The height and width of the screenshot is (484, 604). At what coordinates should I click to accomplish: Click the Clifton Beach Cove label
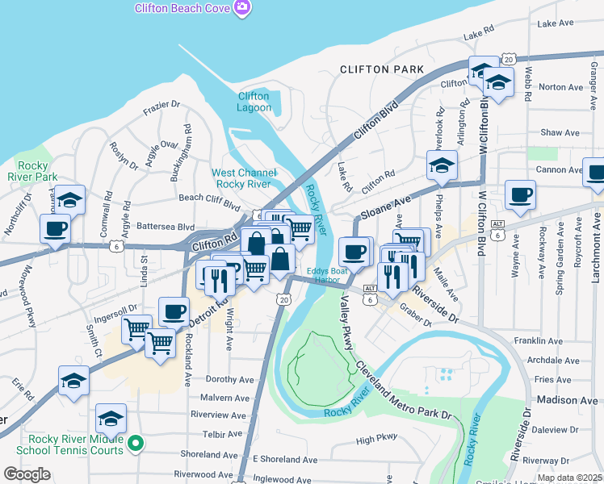(x=182, y=7)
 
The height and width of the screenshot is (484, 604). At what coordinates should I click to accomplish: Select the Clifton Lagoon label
(x=254, y=102)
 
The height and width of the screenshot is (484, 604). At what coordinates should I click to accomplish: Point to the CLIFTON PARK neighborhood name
(x=382, y=70)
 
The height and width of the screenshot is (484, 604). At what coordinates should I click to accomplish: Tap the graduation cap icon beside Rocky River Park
(x=69, y=199)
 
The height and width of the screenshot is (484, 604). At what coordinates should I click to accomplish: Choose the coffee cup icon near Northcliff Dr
(x=56, y=228)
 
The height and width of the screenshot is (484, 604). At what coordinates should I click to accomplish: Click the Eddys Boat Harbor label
(x=328, y=275)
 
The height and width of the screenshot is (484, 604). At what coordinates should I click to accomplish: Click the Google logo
(x=27, y=474)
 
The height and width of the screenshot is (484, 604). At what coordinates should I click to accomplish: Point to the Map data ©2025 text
(x=568, y=478)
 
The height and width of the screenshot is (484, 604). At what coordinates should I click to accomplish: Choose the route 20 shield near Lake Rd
(x=508, y=59)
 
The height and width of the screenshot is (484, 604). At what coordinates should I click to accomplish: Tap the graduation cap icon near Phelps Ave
(x=442, y=166)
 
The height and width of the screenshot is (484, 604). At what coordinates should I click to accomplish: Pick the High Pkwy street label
(x=377, y=440)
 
